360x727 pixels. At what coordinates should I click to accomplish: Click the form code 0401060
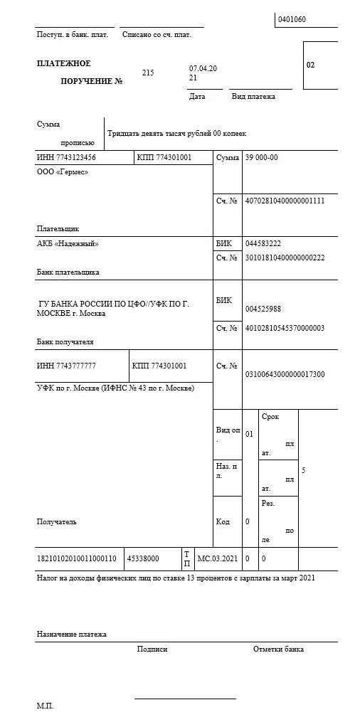click(292, 19)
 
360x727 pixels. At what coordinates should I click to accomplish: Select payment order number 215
click(148, 73)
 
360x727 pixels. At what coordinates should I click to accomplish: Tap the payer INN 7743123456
click(66, 157)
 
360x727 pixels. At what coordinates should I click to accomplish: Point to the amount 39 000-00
click(262, 157)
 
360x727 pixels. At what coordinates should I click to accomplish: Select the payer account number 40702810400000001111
click(285, 201)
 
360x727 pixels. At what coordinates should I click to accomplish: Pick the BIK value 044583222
click(263, 243)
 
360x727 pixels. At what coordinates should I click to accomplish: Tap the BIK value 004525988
click(263, 309)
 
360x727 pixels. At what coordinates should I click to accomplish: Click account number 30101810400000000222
click(285, 258)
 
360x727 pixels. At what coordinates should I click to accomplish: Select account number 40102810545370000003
click(285, 328)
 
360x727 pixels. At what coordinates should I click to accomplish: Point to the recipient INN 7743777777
click(66, 366)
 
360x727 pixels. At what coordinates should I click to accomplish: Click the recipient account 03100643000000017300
click(285, 374)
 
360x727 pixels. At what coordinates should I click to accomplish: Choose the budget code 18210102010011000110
click(76, 559)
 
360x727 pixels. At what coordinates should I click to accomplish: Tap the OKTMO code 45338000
click(144, 559)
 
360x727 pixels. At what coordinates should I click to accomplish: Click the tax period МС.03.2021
click(216, 559)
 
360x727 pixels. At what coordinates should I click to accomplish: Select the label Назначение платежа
click(71, 634)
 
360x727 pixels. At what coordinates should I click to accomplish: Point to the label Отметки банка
click(278, 649)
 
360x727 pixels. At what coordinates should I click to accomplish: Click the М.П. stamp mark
click(45, 706)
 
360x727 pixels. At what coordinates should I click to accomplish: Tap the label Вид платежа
click(253, 96)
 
